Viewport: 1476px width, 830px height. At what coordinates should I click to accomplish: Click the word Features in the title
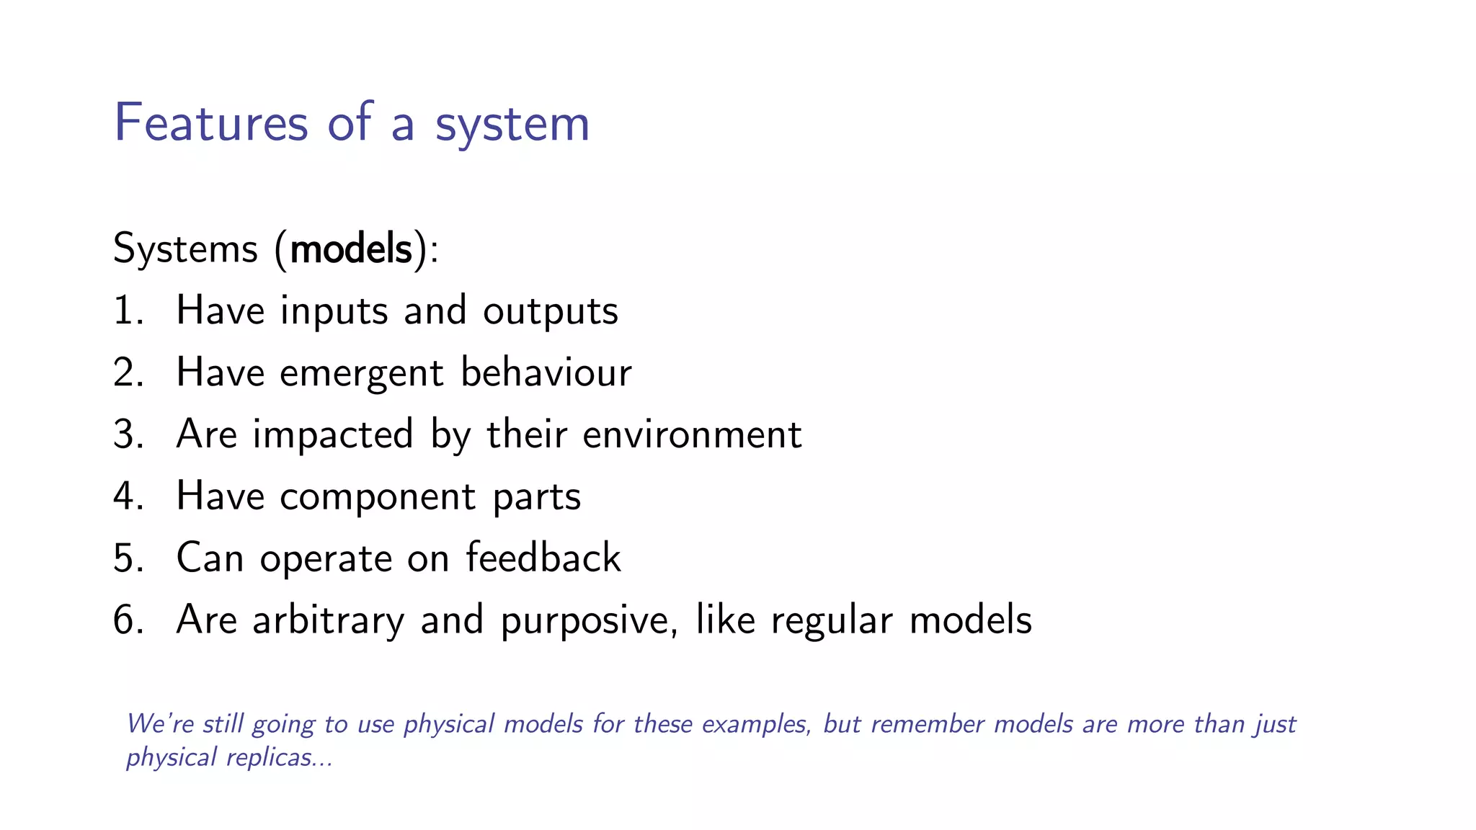[x=211, y=122]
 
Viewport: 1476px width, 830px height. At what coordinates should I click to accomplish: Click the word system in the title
[x=512, y=124]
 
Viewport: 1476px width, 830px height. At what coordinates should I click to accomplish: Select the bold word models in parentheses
[x=351, y=249]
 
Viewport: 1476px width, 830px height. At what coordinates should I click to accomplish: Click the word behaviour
[x=546, y=372]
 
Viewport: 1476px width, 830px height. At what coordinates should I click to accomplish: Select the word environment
[x=691, y=434]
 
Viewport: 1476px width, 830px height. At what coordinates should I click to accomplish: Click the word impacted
[x=332, y=435]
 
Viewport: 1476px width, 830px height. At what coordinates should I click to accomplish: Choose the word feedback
[x=543, y=558]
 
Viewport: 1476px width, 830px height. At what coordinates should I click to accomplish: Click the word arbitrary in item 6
[x=328, y=620]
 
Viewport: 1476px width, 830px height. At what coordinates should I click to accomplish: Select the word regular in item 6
[x=831, y=620]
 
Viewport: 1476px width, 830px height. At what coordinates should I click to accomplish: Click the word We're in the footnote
[x=159, y=723]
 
